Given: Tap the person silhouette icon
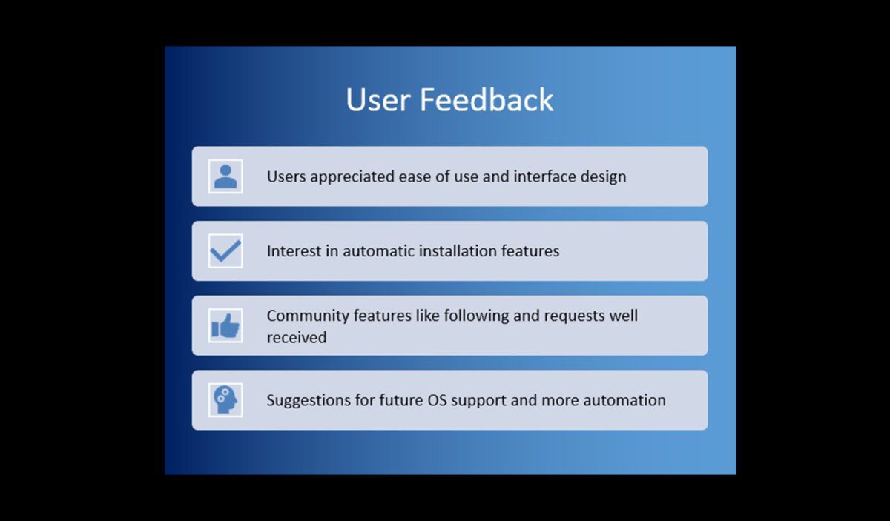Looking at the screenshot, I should pos(225,176).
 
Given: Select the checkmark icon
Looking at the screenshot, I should pos(225,251).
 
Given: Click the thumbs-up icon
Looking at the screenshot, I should pos(225,326).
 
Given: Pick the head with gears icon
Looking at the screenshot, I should pos(225,400).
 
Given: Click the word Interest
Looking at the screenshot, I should pos(294,251).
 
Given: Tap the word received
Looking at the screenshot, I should pos(297,337).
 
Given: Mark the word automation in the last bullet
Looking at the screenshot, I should pos(624,400).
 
